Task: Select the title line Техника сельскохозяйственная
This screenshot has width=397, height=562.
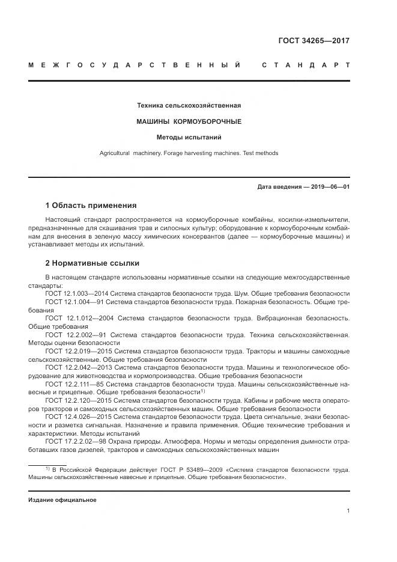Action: (189, 106)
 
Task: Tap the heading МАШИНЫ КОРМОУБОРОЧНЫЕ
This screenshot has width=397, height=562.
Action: (189, 121)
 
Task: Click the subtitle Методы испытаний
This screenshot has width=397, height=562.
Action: (189, 137)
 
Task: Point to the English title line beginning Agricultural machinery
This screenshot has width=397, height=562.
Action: (189, 153)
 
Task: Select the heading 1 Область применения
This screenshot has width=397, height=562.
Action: (91, 206)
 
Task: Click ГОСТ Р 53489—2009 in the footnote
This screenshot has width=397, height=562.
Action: (156, 469)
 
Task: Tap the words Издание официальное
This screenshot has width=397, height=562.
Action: (62, 499)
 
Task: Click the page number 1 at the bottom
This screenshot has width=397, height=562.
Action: (348, 511)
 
